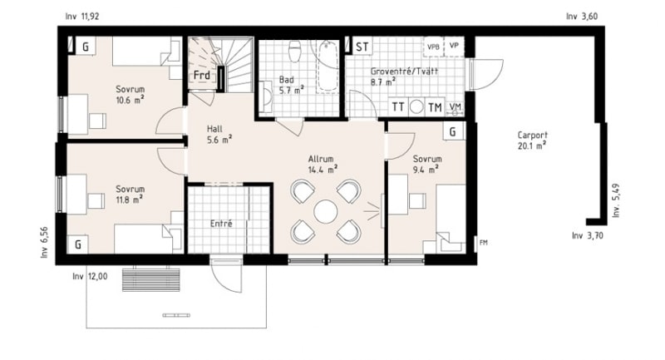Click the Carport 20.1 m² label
click(x=532, y=141)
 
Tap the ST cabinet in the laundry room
click(x=361, y=47)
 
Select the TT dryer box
click(x=398, y=107)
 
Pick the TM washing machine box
click(x=435, y=107)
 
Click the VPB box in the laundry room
click(x=433, y=47)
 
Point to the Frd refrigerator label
click(x=202, y=76)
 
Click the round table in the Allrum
click(x=326, y=211)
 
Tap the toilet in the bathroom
click(x=294, y=50)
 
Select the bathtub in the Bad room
click(x=328, y=67)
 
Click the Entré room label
click(x=221, y=224)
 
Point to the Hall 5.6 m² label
click(x=219, y=135)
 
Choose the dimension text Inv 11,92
click(x=82, y=17)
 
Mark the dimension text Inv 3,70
click(x=588, y=235)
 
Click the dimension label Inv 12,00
click(x=90, y=277)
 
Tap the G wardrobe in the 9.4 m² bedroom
click(x=453, y=131)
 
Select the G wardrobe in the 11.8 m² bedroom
click(x=78, y=244)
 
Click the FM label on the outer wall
click(x=484, y=243)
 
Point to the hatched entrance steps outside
click(x=151, y=279)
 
